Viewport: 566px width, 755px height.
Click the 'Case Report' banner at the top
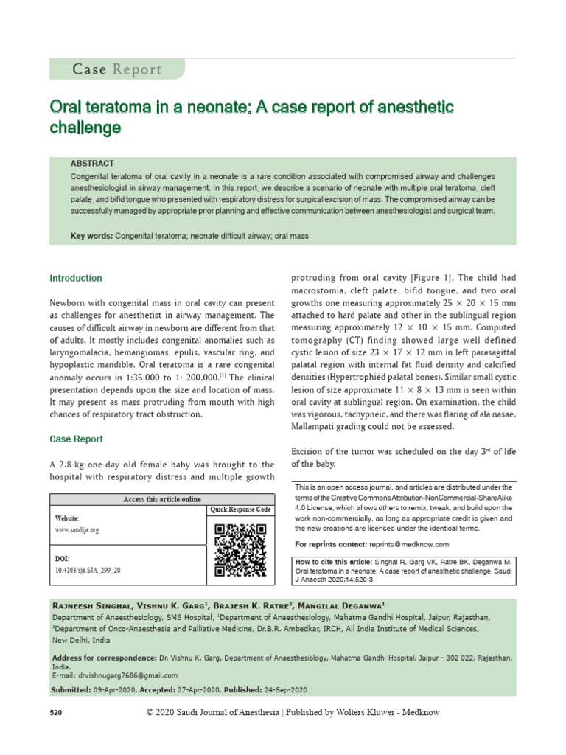tap(116, 69)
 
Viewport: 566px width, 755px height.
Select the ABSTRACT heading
tap(92, 163)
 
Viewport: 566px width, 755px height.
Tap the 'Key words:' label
tap(91, 236)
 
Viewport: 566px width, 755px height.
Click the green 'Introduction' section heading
tap(76, 279)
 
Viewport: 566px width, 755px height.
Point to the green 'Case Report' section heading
tap(76, 439)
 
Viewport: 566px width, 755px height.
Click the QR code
tap(240, 550)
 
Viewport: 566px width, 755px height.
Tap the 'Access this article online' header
tap(161, 500)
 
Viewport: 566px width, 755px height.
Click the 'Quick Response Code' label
tap(240, 509)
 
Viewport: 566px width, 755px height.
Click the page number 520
tap(57, 714)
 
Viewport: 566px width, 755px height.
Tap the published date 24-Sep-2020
tap(284, 689)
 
